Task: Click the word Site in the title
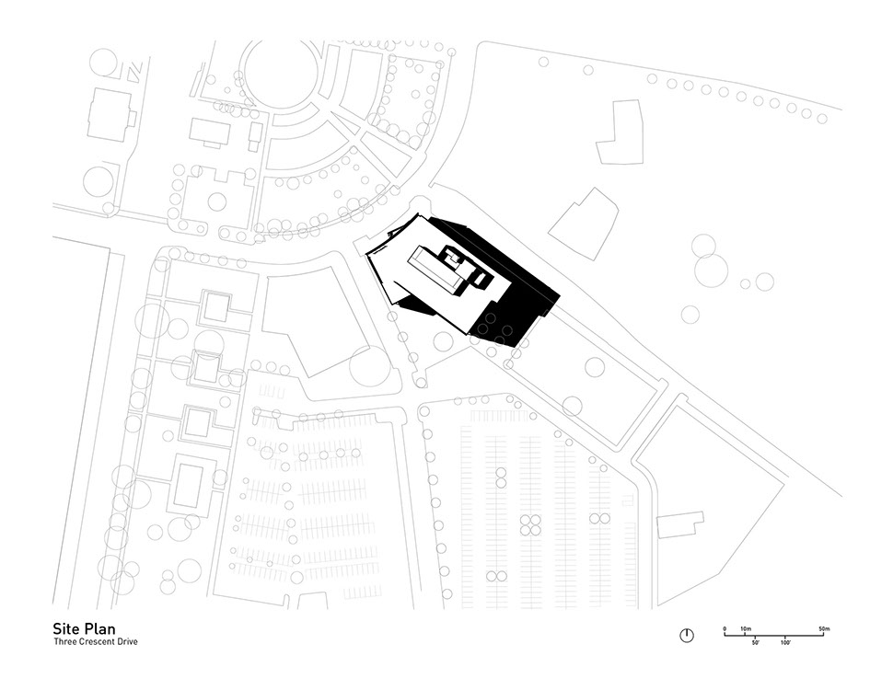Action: tap(66, 628)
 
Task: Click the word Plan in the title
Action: tap(100, 628)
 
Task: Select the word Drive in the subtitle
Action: tap(127, 641)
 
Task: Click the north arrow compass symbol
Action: tap(687, 636)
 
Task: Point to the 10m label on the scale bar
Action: tap(746, 629)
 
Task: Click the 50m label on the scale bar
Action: tap(824, 629)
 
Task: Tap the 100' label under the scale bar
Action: tap(785, 642)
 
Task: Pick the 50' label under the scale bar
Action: tap(756, 642)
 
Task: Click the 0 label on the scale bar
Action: tap(725, 629)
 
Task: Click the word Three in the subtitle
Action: tap(65, 641)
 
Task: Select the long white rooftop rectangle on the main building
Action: tap(435, 270)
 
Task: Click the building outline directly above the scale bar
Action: tap(680, 524)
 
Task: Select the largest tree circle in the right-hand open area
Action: tap(712, 270)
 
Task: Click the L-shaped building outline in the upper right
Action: tap(620, 132)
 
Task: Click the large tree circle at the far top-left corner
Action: tap(104, 63)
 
